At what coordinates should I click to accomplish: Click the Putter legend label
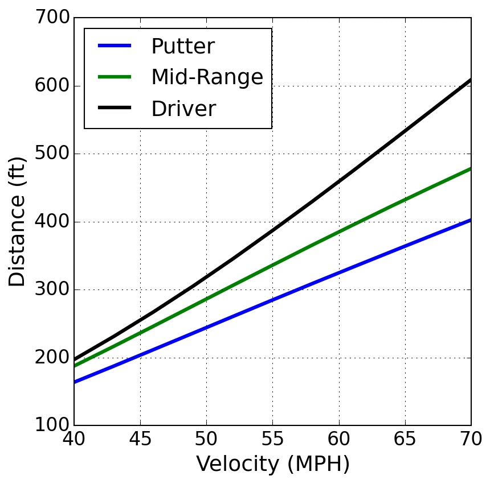click(x=182, y=47)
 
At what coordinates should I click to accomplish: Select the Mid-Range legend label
click(x=207, y=77)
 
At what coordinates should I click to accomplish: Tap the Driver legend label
click(x=183, y=109)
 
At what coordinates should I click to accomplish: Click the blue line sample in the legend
click(x=115, y=46)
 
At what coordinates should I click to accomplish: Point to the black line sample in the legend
click(x=115, y=108)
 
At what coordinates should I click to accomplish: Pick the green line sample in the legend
click(x=115, y=77)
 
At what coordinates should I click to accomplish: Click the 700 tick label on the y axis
click(x=54, y=18)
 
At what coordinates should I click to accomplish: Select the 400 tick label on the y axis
click(x=54, y=222)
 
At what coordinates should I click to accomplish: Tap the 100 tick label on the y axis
click(x=54, y=425)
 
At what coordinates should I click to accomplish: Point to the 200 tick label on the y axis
click(x=54, y=358)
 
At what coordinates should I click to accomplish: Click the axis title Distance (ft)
click(x=18, y=222)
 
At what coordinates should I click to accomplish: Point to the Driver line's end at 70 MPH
click(x=471, y=80)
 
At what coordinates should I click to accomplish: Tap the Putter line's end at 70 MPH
click(x=471, y=220)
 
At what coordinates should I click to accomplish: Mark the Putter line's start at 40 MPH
click(x=75, y=382)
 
